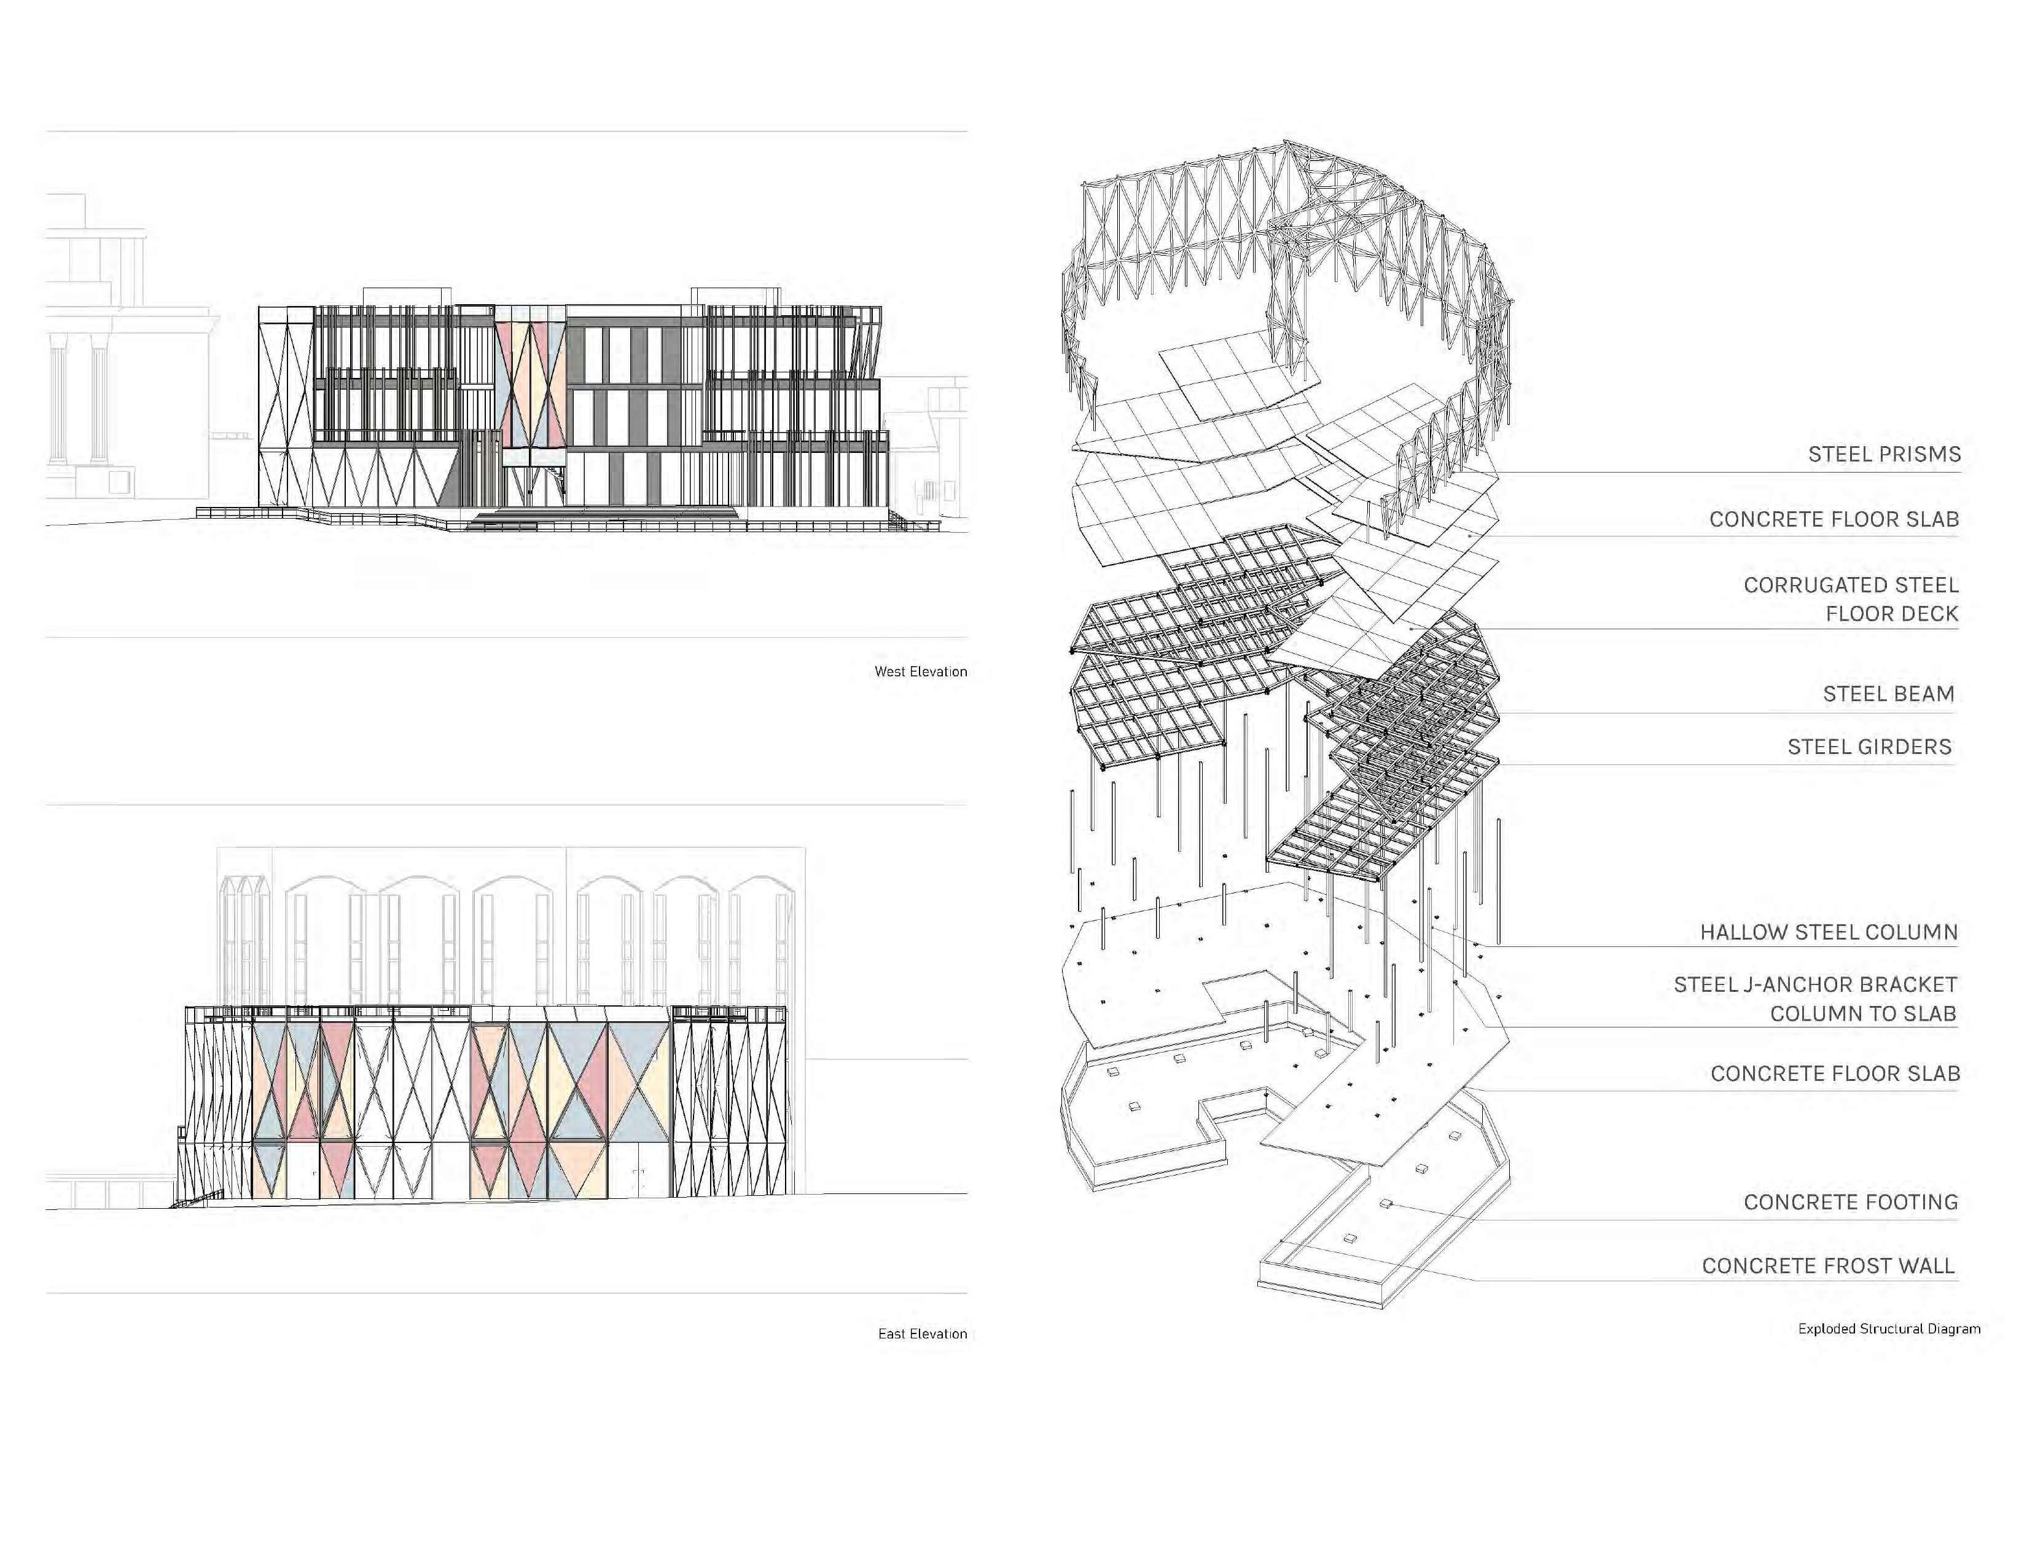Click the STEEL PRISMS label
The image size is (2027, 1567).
point(1884,455)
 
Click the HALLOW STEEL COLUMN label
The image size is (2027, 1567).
point(1829,932)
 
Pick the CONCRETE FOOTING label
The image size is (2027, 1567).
point(1851,1202)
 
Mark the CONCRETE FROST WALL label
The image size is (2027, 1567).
point(1829,1267)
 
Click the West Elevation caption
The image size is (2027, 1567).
point(921,671)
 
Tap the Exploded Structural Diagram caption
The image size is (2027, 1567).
point(1889,1329)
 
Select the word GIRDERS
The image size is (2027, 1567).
point(1904,747)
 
